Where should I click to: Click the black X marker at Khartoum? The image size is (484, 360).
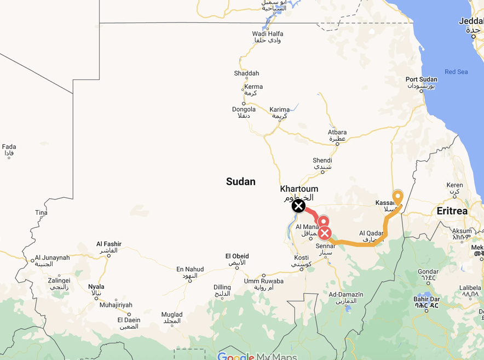(298, 205)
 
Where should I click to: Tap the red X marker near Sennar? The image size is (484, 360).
(325, 233)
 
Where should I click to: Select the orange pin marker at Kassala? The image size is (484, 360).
(398, 197)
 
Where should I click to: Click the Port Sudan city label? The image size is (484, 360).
(421, 80)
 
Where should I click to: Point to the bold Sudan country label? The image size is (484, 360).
(241, 181)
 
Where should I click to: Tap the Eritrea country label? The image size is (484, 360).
(452, 211)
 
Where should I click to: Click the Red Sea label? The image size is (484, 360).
(456, 72)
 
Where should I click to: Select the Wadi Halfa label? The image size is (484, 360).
(268, 34)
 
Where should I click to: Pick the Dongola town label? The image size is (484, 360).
(244, 110)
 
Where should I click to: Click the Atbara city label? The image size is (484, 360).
(337, 133)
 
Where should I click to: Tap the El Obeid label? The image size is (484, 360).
(237, 256)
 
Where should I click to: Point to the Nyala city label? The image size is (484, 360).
(96, 287)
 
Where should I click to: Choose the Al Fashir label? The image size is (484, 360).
(109, 244)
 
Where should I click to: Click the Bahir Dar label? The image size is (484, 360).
(427, 300)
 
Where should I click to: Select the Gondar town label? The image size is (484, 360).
(428, 272)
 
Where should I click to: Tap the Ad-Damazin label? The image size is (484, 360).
(346, 295)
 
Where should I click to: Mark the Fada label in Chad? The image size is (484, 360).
(9, 147)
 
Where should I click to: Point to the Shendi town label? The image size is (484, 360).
(322, 161)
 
